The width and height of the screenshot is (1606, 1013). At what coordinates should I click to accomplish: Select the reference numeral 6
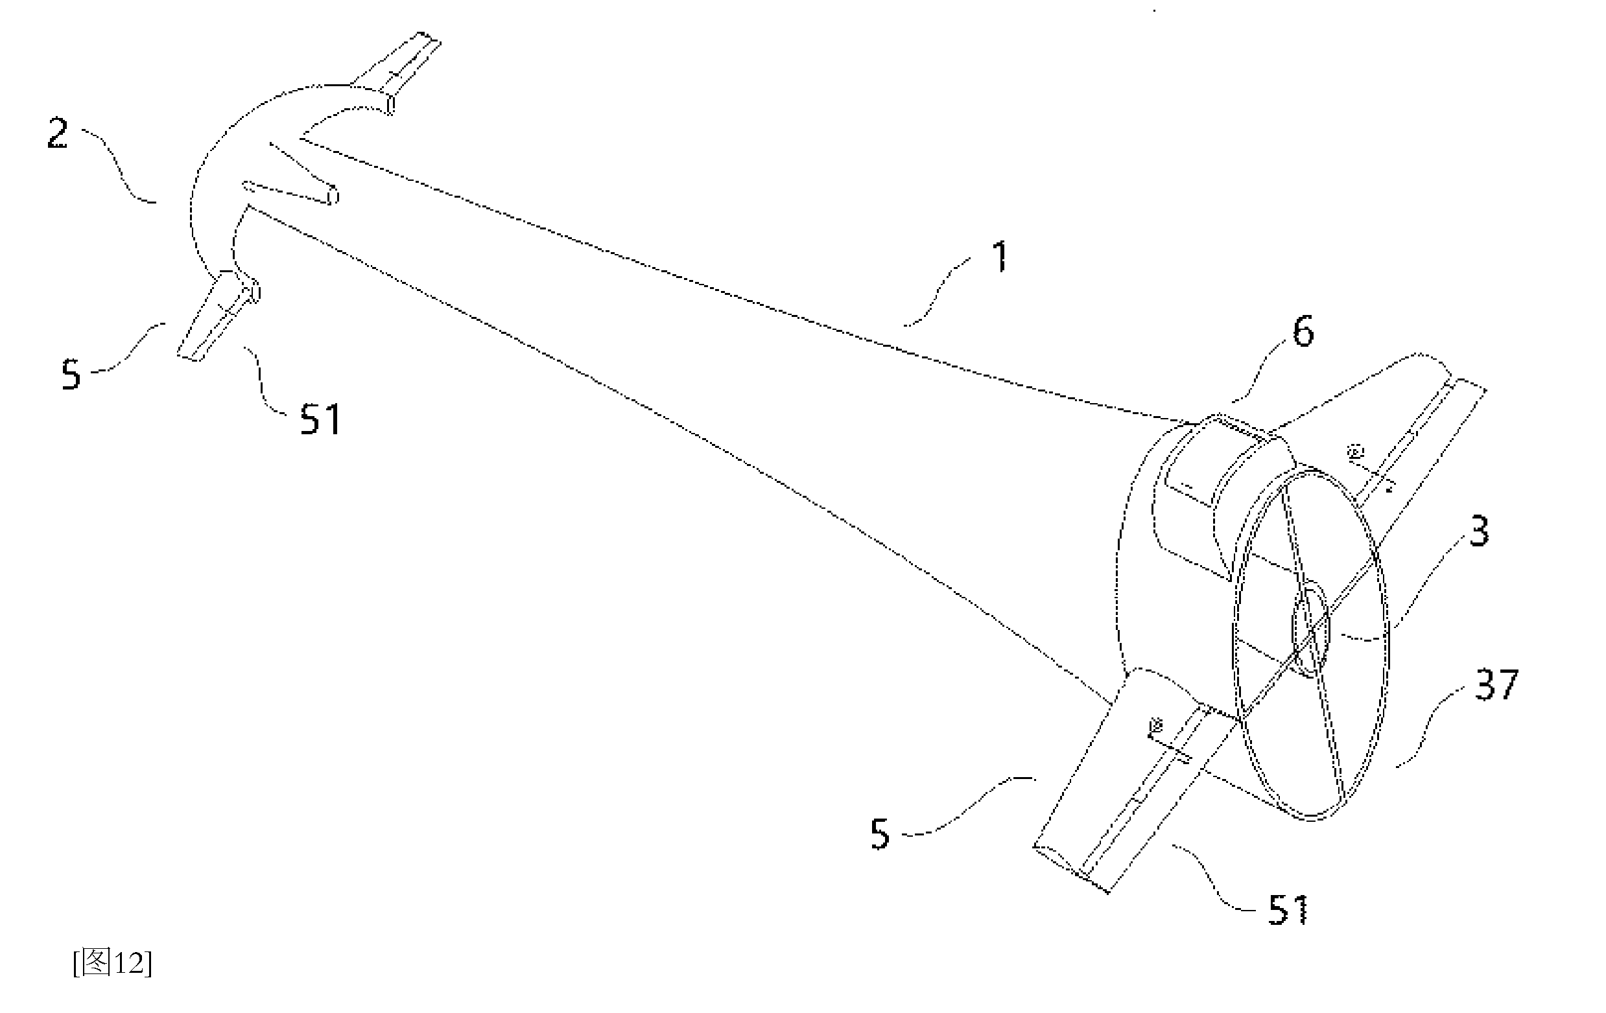tap(1303, 331)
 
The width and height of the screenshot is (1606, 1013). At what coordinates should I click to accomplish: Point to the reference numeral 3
tap(1479, 532)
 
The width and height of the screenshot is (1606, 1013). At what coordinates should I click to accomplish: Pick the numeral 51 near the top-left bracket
tap(320, 419)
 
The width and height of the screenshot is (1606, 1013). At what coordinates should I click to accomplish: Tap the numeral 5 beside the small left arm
tap(71, 374)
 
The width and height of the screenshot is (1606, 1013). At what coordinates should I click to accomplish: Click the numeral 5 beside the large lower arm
tap(880, 833)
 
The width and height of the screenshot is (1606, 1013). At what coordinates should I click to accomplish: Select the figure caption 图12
tap(113, 963)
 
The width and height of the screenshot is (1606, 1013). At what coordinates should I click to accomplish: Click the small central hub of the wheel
tap(1311, 630)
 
